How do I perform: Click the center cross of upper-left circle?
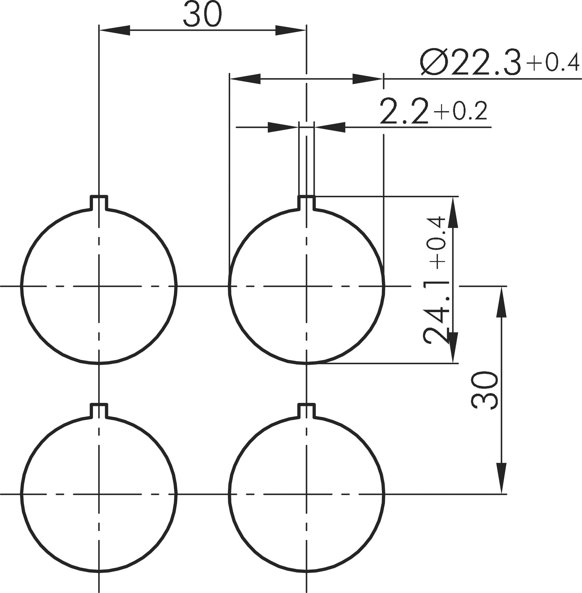coord(99,286)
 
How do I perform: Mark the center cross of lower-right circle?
coord(307,494)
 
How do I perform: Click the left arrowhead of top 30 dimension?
coord(115,30)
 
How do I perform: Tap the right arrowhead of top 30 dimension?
coord(290,30)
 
